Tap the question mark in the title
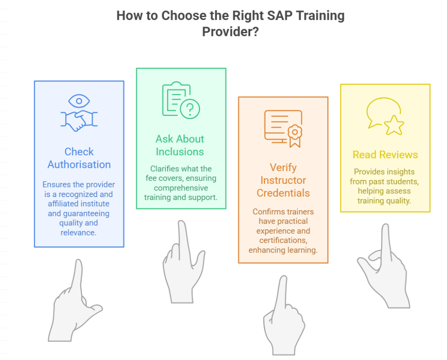[x=255, y=32]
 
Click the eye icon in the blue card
[x=79, y=101]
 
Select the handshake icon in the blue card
[x=79, y=120]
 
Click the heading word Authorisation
[x=79, y=165]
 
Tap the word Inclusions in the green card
[x=180, y=152]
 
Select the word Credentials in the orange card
[x=283, y=193]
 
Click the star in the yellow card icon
[x=394, y=125]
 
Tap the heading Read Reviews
[x=385, y=155]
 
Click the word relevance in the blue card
[x=78, y=232]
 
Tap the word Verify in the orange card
[x=283, y=168]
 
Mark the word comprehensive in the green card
[x=181, y=188]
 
